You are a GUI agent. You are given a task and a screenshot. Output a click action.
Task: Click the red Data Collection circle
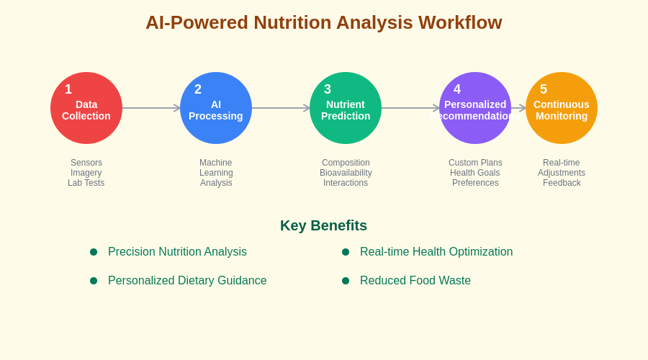tap(86, 108)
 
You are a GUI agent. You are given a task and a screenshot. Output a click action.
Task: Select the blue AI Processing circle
tap(216, 108)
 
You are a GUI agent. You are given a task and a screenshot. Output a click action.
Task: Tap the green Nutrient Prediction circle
tap(346, 108)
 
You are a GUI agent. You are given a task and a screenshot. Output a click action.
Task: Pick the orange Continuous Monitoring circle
tap(562, 108)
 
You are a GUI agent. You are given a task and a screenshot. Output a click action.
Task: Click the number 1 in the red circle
tap(68, 89)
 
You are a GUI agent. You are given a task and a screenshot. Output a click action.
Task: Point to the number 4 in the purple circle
tap(457, 89)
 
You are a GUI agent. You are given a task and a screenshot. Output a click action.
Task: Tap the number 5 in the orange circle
tap(544, 89)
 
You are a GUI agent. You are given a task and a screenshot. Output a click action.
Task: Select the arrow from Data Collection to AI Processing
tap(151, 108)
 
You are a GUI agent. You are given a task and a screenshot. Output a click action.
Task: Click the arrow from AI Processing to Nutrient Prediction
tap(281, 108)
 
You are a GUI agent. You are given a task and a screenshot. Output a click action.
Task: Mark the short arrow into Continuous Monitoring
tap(518, 108)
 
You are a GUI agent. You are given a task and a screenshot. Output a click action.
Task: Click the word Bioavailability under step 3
tap(346, 173)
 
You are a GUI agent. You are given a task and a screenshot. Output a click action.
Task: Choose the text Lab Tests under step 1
tap(86, 183)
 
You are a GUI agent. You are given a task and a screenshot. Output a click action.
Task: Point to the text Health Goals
tap(475, 173)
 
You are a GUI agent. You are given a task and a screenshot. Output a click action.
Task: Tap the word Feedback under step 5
tap(562, 183)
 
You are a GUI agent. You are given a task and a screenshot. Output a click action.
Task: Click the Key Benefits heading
tap(323, 225)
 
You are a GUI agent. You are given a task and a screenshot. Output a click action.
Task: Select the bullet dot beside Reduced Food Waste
tap(346, 281)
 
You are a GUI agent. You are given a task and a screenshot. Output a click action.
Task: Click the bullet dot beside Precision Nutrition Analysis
tap(94, 252)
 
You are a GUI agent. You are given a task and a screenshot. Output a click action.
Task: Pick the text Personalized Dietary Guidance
tap(187, 281)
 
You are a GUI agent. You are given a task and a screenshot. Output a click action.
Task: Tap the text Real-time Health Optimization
tap(436, 252)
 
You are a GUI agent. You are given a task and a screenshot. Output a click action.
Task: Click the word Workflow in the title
tap(460, 22)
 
